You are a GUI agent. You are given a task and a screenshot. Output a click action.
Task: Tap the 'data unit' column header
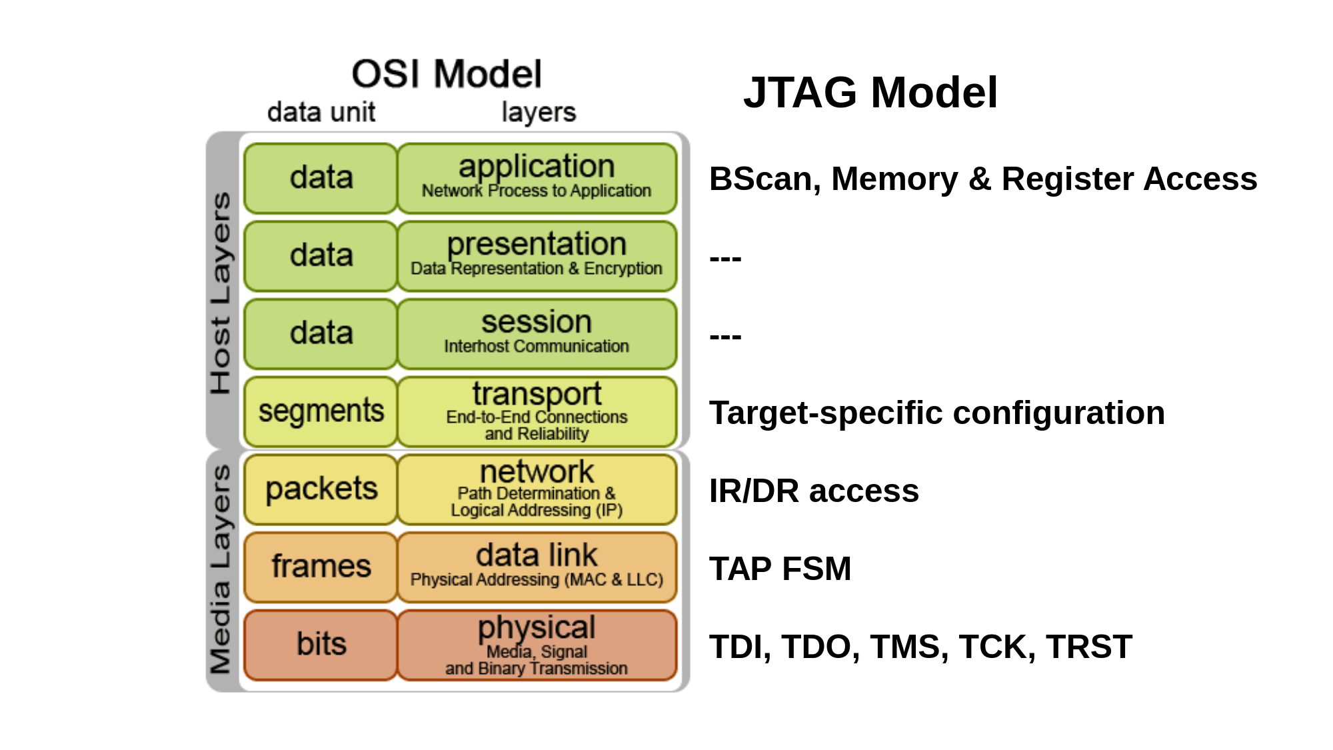(x=321, y=112)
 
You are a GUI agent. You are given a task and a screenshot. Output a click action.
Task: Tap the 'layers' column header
(x=539, y=112)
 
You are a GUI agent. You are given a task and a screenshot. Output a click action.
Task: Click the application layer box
(x=537, y=178)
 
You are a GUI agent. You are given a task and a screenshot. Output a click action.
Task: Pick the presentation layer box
(x=537, y=256)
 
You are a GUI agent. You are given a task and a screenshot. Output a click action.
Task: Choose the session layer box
(x=537, y=333)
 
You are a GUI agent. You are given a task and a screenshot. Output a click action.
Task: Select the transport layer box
(x=537, y=411)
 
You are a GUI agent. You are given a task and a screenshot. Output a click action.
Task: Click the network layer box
(x=537, y=489)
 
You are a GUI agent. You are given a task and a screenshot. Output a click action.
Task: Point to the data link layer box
(x=537, y=567)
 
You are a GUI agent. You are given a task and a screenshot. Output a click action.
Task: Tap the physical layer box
(x=537, y=645)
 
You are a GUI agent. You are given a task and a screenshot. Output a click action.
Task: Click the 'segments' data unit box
(x=321, y=411)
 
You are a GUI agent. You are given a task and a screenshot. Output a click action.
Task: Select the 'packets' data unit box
(x=321, y=489)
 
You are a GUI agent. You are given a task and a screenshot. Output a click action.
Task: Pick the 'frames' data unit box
(x=321, y=567)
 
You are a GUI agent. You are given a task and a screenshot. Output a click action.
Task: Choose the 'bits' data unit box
(x=321, y=645)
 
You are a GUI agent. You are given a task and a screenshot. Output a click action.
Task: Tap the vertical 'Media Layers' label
(x=221, y=569)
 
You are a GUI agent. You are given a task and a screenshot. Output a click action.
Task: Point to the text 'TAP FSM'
(x=780, y=569)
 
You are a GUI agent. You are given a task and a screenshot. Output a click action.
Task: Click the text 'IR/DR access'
(x=814, y=491)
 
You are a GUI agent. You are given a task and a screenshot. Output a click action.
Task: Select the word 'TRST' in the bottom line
(x=1088, y=647)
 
